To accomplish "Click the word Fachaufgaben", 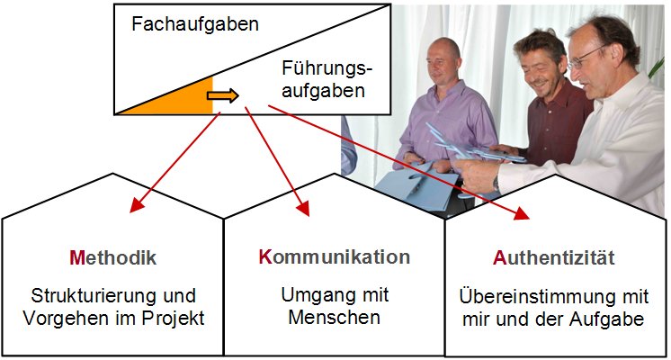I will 194,24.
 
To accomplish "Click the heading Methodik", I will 112,258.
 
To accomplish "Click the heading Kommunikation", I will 334,257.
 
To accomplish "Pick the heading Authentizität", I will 554,258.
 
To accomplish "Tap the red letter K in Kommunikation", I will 264,257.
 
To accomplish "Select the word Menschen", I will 331,317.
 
